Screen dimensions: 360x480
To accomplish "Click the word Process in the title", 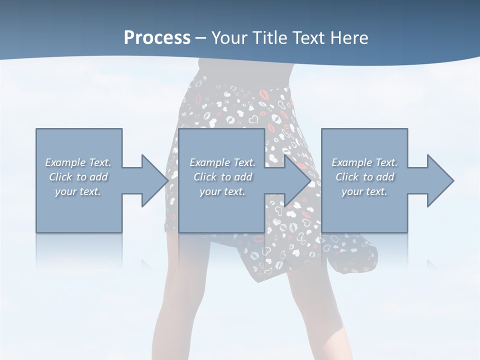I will point(157,38).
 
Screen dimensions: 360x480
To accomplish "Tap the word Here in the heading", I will point(349,38).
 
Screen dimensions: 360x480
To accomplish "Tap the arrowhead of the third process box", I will point(440,180).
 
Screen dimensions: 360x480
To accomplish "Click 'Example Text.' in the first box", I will point(78,162).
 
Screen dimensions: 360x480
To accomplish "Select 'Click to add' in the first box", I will point(78,177).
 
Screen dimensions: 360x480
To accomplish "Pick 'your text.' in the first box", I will point(78,191).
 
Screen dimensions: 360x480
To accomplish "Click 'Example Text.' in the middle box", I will point(222,162).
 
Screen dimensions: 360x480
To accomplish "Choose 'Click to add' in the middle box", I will point(222,177).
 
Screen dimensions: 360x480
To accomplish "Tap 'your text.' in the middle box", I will point(222,191).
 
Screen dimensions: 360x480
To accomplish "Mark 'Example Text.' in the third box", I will point(364,162).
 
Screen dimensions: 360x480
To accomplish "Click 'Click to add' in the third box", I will point(364,177).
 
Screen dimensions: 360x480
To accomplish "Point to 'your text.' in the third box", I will point(364,191).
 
